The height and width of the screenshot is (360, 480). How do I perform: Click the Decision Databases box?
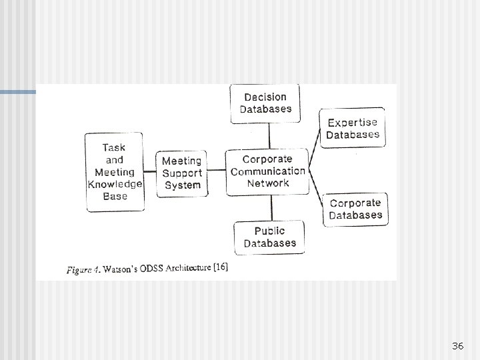click(265, 103)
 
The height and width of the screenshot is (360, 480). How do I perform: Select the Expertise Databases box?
click(353, 128)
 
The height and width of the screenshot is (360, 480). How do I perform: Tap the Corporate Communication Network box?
click(268, 171)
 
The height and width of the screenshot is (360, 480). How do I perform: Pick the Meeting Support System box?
click(182, 173)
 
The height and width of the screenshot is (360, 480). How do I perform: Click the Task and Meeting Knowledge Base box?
click(115, 172)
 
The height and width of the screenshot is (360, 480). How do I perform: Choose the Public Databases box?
click(269, 237)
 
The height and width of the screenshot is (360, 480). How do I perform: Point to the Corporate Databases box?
click(355, 209)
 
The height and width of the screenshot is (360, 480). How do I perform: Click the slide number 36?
click(457, 346)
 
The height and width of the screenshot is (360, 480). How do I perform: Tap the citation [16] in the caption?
click(219, 267)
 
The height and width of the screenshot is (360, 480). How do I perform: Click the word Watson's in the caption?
click(120, 269)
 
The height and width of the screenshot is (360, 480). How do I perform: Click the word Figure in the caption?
click(79, 270)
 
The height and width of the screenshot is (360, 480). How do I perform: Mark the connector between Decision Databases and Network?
click(269, 136)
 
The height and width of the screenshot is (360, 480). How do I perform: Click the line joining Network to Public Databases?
click(269, 208)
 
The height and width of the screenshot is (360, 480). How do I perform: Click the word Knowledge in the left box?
click(115, 184)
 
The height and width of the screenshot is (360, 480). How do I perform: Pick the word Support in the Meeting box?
click(182, 173)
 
